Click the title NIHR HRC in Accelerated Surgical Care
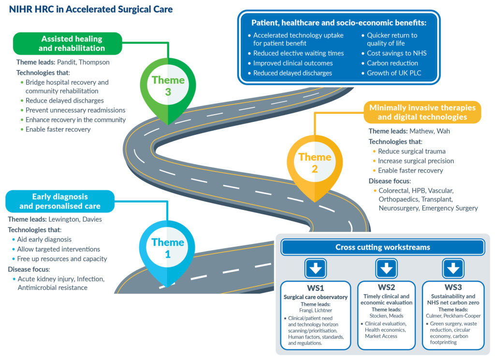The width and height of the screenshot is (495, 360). (91, 9)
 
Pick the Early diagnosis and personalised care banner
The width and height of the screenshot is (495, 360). (60, 201)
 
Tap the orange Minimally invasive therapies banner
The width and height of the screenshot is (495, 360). (422, 112)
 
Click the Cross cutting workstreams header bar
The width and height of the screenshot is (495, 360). (382, 247)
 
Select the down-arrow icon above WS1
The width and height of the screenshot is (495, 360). (316, 268)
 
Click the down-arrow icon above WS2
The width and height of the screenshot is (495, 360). (386, 268)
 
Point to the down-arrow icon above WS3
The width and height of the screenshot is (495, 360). (452, 268)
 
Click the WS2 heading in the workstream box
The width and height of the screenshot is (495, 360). (386, 287)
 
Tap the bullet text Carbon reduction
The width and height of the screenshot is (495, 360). (392, 63)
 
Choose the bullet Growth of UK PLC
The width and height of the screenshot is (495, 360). (394, 73)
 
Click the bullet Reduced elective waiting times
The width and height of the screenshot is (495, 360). (298, 53)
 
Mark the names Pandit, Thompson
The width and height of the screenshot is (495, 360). (83, 62)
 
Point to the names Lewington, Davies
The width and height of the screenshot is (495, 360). (79, 219)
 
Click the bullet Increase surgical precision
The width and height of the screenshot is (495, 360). (416, 161)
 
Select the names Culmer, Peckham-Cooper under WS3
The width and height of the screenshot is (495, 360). (452, 315)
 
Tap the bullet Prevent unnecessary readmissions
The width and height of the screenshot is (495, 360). (75, 110)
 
